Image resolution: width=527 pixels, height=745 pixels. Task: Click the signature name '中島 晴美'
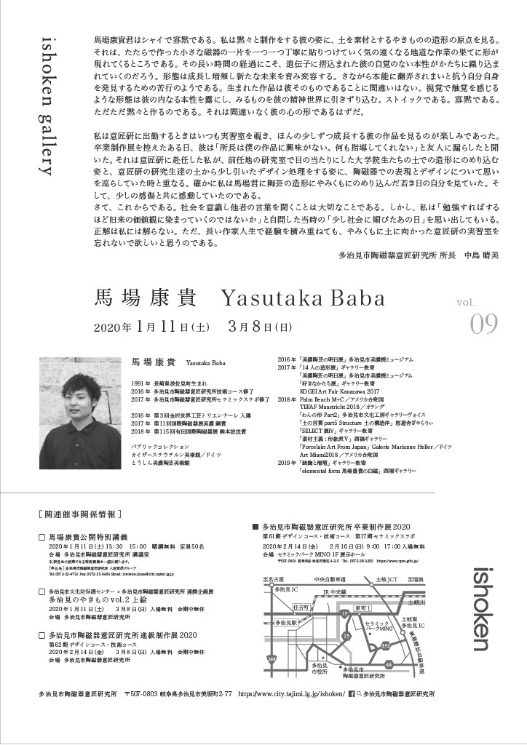point(483,255)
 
